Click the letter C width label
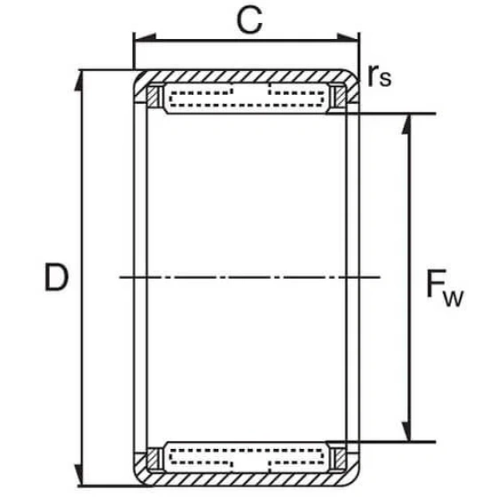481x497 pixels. pyautogui.click(x=249, y=20)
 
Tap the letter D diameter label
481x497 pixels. pyautogui.click(x=57, y=277)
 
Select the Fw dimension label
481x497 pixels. pyautogui.click(x=445, y=288)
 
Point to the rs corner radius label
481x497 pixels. pyautogui.click(x=380, y=76)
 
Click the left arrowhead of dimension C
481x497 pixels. pyautogui.click(x=145, y=37)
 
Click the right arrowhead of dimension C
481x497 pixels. pyautogui.click(x=348, y=37)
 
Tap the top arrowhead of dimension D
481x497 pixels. pyautogui.click(x=79, y=81)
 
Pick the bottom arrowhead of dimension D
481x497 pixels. pyautogui.click(x=79, y=475)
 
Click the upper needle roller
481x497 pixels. pyautogui.click(x=247, y=99)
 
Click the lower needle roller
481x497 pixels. pyautogui.click(x=247, y=457)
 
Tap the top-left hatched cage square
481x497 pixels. pyautogui.click(x=152, y=96)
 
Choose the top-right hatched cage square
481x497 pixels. pyautogui.click(x=340, y=96)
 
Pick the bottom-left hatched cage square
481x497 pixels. pyautogui.click(x=152, y=459)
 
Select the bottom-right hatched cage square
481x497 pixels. pyautogui.click(x=340, y=459)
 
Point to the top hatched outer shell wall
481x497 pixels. pyautogui.click(x=247, y=76)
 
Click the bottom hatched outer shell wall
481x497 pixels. pyautogui.click(x=247, y=479)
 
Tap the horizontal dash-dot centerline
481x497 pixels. pyautogui.click(x=249, y=277)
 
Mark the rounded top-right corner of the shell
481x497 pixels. pyautogui.click(x=356, y=75)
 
